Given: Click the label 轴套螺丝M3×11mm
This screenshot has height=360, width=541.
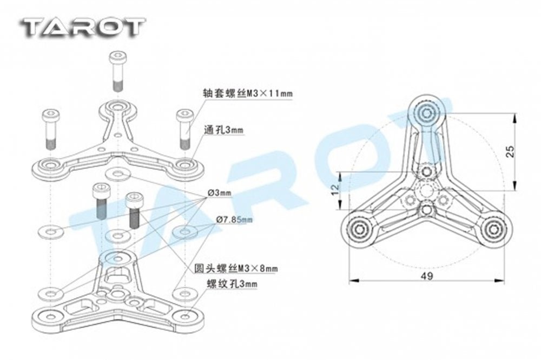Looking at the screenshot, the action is click(248, 93).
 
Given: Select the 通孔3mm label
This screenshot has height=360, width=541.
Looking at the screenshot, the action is click(223, 130).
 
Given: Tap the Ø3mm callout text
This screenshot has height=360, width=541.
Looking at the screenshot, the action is click(220, 193).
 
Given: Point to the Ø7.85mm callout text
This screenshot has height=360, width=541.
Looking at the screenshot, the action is click(234, 219).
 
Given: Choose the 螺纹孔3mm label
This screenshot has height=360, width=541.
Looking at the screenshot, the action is click(232, 284).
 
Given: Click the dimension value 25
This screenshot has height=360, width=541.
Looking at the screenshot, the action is click(510, 152).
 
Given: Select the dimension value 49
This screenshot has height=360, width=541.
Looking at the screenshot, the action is click(427, 276).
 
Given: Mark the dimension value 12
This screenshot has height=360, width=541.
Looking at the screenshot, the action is click(335, 189).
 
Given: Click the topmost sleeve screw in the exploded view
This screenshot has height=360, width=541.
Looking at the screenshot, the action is click(117, 71).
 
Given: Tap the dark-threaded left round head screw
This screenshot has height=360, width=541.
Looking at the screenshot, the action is click(101, 201).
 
